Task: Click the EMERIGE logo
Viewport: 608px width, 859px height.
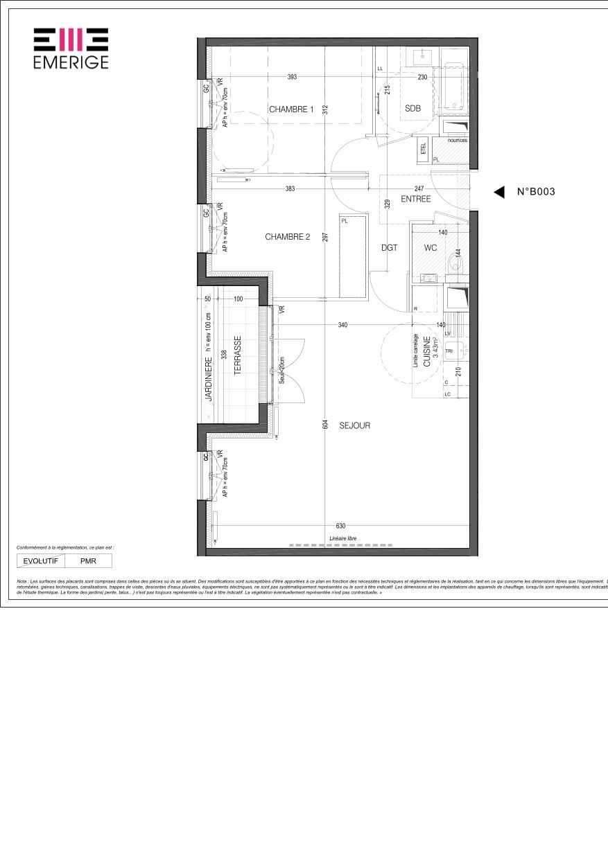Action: coord(71,48)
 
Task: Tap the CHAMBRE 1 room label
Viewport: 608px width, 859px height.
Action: coord(291,109)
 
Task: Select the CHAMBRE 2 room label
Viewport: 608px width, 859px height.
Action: coord(287,237)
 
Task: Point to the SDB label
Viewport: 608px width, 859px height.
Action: coord(413,108)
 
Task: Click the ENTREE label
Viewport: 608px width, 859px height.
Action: coord(416,199)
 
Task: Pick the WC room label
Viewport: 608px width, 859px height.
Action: coord(431,247)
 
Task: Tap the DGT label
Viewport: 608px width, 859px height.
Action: coord(390,247)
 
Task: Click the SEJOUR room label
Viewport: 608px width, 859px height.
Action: coord(354,425)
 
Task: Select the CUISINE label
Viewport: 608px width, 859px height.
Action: coord(427,351)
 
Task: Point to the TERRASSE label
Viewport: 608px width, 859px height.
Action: coord(237,355)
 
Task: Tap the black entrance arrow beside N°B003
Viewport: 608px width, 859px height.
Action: coord(498,193)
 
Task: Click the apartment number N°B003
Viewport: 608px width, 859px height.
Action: coord(536,193)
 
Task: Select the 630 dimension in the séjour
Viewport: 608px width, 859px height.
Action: coord(340,526)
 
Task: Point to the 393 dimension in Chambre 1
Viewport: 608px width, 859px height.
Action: coord(292,77)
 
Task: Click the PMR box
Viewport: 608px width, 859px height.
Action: coord(88,561)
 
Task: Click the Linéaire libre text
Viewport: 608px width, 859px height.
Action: coord(343,538)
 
